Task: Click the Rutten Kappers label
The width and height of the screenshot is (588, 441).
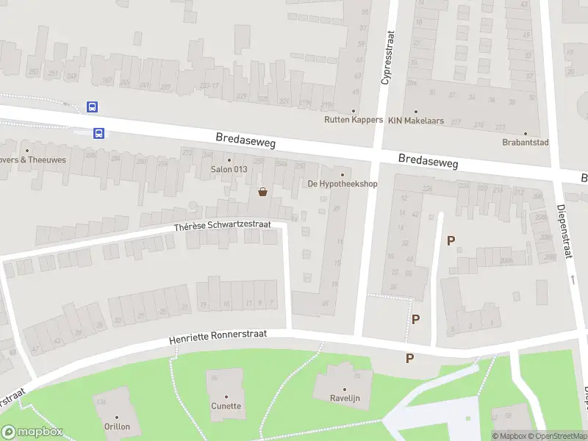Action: click(354, 120)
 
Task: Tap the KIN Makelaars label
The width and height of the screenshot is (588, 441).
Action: click(416, 121)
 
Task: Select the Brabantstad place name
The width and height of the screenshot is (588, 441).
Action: click(526, 143)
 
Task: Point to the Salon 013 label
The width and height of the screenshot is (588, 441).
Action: click(229, 170)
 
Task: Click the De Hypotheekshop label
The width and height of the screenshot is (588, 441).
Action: click(342, 184)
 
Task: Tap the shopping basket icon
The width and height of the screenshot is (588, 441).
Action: click(262, 193)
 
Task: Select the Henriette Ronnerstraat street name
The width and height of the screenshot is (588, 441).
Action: click(217, 335)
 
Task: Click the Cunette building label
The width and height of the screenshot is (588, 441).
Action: click(226, 406)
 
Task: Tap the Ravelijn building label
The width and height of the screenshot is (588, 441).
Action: click(345, 399)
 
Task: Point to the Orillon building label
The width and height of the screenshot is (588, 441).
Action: click(116, 426)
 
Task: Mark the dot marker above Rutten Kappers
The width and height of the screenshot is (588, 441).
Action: click(354, 111)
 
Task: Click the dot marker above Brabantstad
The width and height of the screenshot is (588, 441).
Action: click(526, 134)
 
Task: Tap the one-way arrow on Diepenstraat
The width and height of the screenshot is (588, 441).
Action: click(572, 279)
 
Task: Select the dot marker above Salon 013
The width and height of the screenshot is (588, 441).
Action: click(229, 160)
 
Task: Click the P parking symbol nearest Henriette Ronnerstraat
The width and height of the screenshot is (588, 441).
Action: click(409, 358)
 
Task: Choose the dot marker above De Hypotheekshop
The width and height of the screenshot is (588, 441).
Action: click(342, 174)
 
